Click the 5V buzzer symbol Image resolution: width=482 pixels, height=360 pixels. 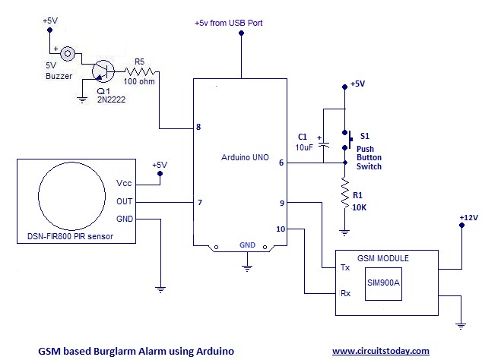(68, 53)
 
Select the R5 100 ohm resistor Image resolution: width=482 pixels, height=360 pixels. (138, 72)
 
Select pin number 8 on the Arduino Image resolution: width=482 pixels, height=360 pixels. (198, 127)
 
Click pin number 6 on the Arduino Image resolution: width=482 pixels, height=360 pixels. (281, 163)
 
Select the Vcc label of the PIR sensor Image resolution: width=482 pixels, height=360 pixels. (124, 184)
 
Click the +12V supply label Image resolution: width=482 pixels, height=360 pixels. (468, 217)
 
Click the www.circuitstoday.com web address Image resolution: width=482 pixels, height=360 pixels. (380, 350)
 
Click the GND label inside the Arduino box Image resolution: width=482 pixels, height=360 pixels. (247, 245)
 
